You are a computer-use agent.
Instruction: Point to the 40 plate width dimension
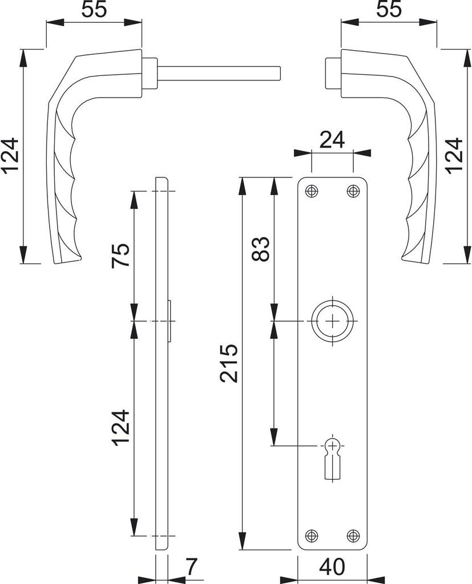[332, 567]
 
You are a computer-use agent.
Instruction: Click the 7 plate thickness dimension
[191, 567]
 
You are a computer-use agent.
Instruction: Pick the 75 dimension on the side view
[120, 255]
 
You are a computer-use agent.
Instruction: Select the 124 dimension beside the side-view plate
[120, 428]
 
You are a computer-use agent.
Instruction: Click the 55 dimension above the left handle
[93, 10]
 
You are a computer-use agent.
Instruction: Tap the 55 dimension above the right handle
[388, 10]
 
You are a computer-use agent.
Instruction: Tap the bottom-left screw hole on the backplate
[311, 536]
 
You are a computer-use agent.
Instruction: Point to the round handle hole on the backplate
[332, 322]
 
